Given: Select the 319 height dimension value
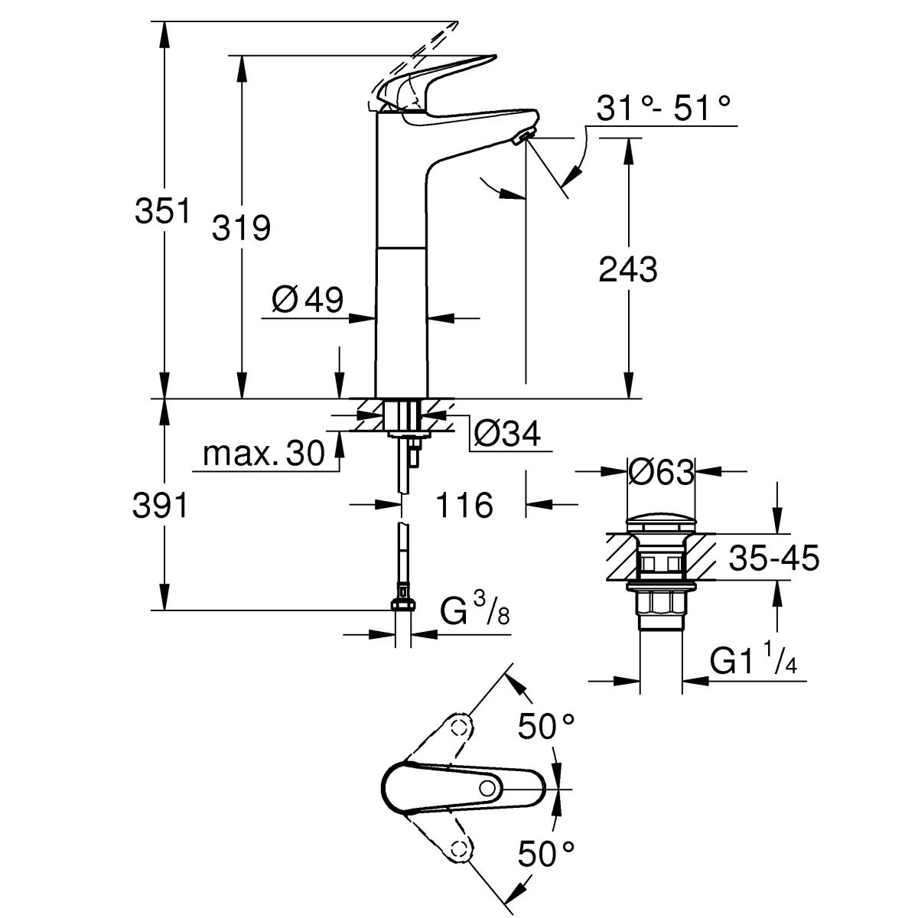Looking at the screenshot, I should [x=241, y=227].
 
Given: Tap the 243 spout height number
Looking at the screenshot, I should [x=627, y=269].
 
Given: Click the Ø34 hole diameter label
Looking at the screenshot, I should [x=506, y=434].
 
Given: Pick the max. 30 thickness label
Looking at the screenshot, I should [x=253, y=457].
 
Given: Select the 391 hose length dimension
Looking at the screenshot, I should [x=161, y=505].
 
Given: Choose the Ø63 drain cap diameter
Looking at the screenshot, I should [x=660, y=473].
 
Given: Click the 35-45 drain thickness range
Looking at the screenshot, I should [x=773, y=559].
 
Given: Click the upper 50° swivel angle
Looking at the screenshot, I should [x=546, y=726].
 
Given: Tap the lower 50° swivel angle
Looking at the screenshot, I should [x=546, y=853].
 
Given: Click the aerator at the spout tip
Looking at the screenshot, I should [x=523, y=138].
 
